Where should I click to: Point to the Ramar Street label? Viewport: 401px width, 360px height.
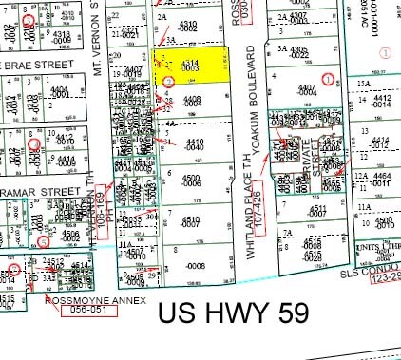[43, 190]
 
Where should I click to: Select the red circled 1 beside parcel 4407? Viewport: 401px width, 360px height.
[328, 78]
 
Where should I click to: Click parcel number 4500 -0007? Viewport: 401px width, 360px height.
[191, 180]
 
